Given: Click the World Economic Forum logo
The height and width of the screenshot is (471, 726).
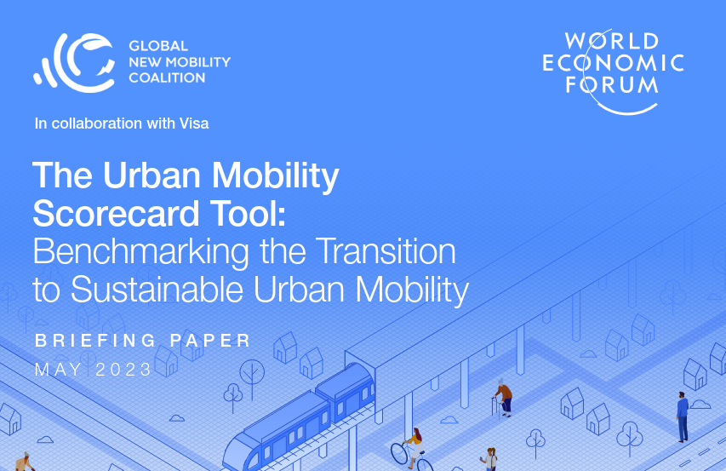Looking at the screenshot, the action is click(x=613, y=72).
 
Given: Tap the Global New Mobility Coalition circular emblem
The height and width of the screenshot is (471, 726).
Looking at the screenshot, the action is click(x=75, y=62).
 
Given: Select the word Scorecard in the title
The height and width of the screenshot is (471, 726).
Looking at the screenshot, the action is click(x=116, y=214).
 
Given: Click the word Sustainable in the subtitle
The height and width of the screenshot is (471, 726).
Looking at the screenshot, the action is click(x=157, y=290).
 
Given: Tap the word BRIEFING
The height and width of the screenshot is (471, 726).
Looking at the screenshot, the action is click(x=95, y=341).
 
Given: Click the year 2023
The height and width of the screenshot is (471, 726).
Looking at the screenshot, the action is click(x=123, y=370).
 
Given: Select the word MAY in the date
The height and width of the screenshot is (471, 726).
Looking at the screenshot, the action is click(x=59, y=370).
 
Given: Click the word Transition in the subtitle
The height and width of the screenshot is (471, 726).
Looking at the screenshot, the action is click(x=387, y=251).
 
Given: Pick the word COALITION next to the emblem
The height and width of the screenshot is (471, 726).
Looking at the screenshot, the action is click(x=167, y=78).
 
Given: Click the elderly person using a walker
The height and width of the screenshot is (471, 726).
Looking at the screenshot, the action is click(x=503, y=398).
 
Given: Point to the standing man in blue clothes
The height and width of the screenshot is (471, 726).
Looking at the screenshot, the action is click(x=683, y=416).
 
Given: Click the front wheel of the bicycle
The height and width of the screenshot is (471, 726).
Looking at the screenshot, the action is click(x=399, y=454).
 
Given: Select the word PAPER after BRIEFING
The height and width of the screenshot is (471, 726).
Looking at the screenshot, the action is click(x=210, y=341).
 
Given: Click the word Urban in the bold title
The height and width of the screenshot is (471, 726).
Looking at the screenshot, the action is click(x=151, y=175).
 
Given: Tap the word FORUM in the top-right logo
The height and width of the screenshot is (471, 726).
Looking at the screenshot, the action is click(x=612, y=85).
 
